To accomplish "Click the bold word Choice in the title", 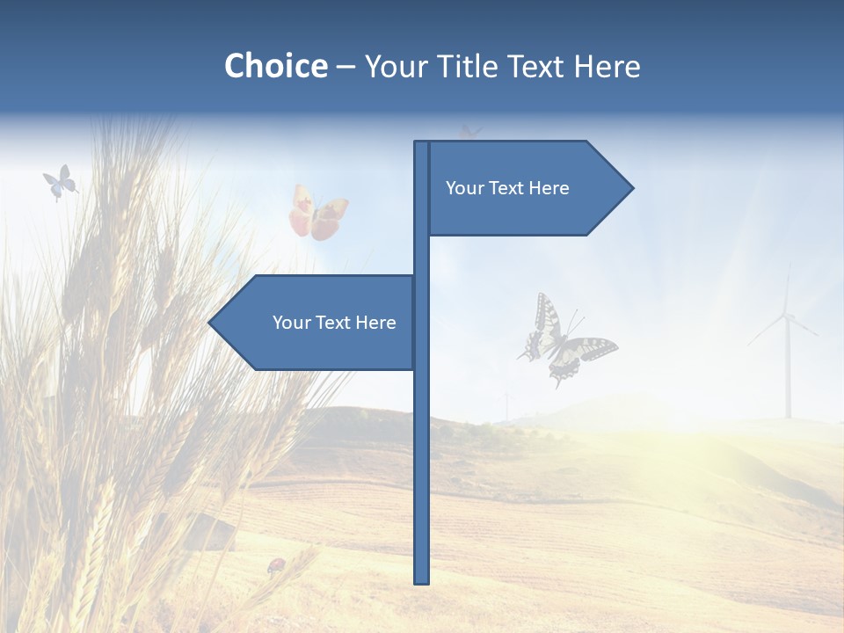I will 275,66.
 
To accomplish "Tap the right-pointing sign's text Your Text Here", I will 507,188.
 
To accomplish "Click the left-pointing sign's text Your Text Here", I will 334,323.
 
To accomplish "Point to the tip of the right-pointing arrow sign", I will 632,187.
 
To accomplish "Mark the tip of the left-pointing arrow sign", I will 209,323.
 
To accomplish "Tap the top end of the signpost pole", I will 421,142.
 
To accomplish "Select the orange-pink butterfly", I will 317,214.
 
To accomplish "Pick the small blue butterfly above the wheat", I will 59,182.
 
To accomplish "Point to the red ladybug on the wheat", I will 276,564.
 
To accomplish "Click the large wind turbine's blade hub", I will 787,316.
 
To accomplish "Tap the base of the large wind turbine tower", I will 788,416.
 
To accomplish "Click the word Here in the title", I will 607,66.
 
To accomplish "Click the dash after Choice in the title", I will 346,67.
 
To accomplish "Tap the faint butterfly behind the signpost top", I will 470,132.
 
